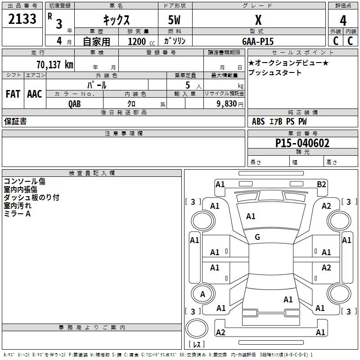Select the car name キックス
[116, 20]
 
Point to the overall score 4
[343, 20]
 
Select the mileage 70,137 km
[54, 64]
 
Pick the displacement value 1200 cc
[139, 41]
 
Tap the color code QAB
[75, 103]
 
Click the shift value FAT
[13, 94]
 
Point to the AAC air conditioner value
[35, 94]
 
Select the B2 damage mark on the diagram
[321, 184]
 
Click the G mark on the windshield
[257, 237]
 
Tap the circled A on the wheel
[202, 294]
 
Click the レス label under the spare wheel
[198, 344]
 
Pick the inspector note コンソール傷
[25, 181]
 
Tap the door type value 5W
[175, 20]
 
